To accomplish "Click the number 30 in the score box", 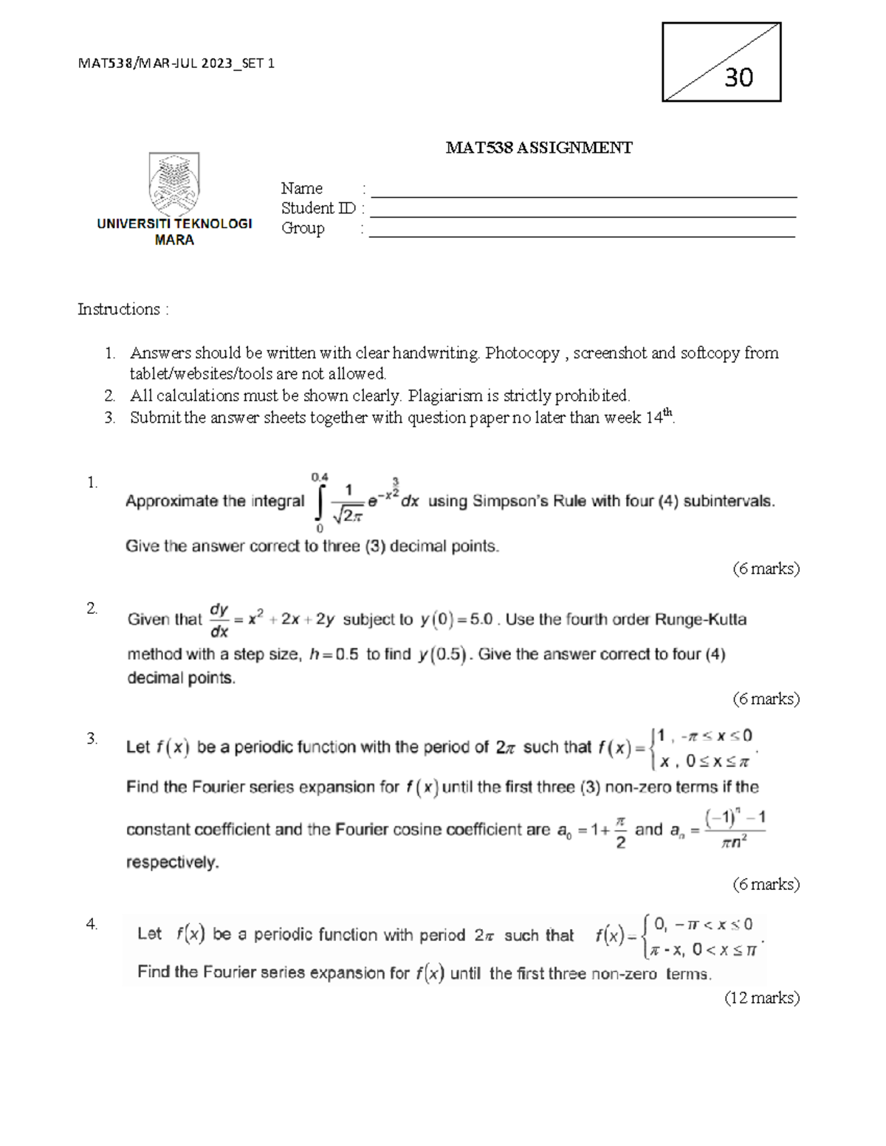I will point(738,77).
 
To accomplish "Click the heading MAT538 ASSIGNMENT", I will point(538,148).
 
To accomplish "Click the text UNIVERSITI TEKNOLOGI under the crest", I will point(174,224).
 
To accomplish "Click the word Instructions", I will point(119,309).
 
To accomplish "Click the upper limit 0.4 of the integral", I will point(320,477).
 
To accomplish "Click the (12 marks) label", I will point(762,998).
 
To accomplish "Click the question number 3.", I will point(92,739).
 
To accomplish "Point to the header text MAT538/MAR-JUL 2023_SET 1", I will point(176,63).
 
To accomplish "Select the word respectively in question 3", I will point(173,862).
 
